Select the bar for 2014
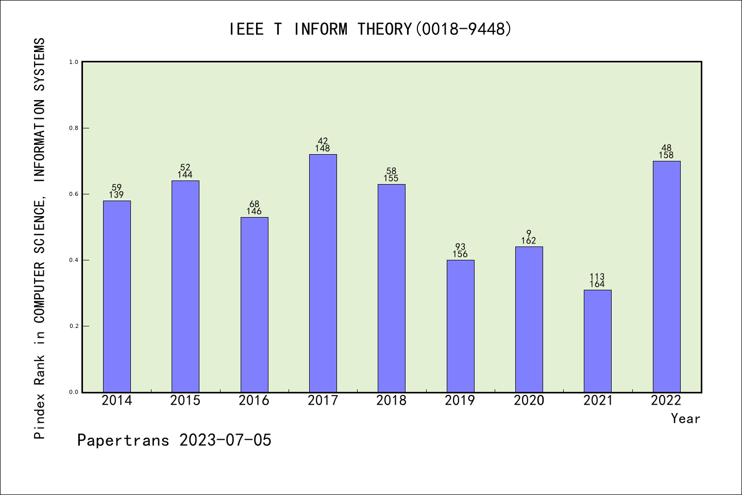[117, 296]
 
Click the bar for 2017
[323, 273]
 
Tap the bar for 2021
[598, 341]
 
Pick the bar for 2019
[460, 326]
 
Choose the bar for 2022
[666, 276]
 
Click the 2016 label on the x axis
[254, 401]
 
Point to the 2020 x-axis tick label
[529, 401]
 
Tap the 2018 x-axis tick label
[392, 401]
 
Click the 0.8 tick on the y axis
[74, 128]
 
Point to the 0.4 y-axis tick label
[74, 260]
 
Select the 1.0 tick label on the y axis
[74, 62]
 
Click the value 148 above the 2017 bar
[323, 148]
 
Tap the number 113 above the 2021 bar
[597, 277]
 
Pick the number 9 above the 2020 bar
[529, 234]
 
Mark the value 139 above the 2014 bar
[116, 195]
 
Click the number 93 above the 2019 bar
[460, 247]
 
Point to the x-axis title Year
[685, 419]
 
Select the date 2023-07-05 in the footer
[225, 440]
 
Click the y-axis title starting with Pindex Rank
[40, 238]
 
